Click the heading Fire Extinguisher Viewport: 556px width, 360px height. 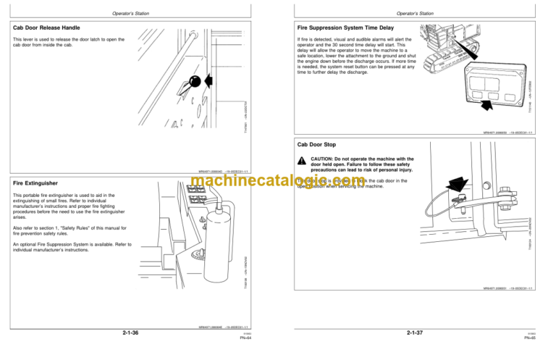coord(37,183)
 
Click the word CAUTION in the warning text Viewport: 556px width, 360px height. coord(323,158)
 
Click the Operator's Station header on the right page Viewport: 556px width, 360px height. coord(416,13)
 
